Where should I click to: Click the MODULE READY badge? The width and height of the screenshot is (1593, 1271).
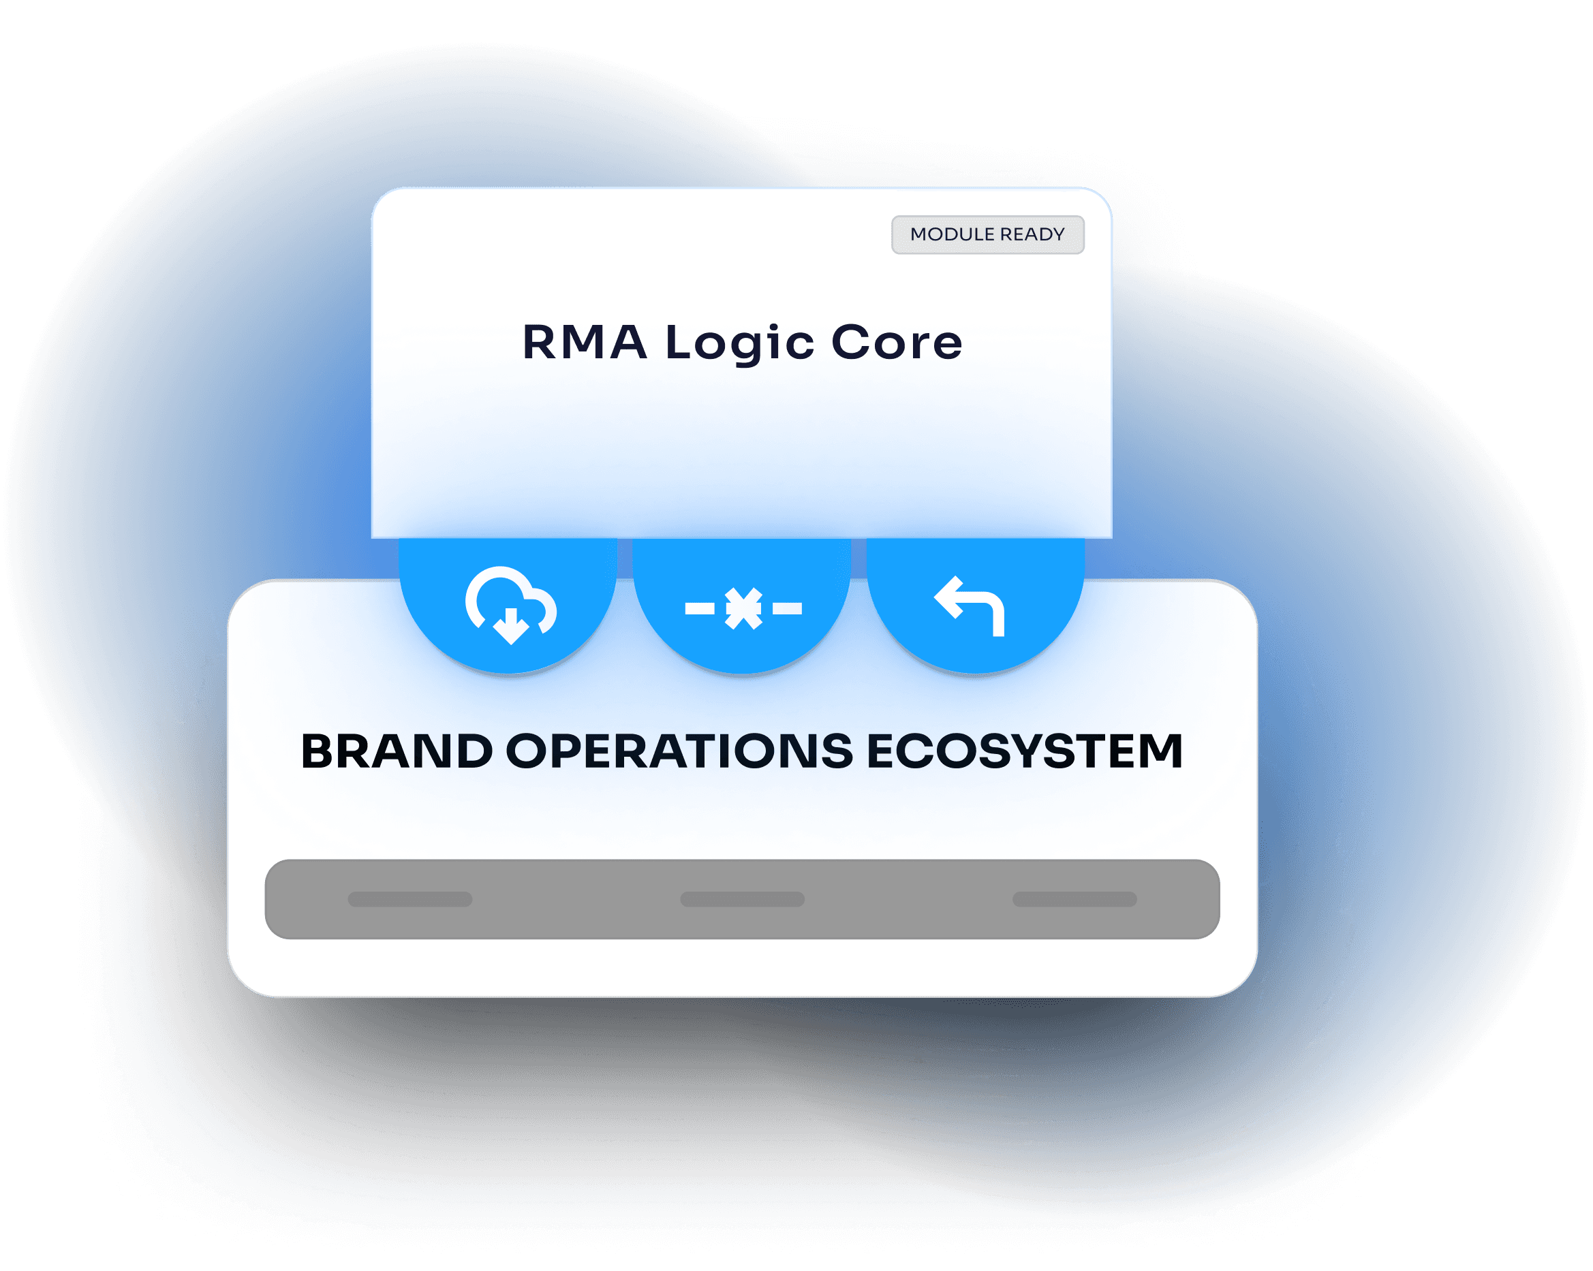click(987, 235)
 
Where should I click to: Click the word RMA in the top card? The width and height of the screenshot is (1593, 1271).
click(585, 343)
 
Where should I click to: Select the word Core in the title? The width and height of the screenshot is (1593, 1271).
click(896, 343)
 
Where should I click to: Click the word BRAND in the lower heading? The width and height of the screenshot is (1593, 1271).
click(397, 752)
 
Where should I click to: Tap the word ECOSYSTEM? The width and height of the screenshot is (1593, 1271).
click(1024, 752)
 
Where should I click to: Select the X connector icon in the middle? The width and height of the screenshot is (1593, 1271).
click(743, 608)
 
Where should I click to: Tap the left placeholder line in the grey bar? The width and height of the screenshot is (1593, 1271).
click(410, 900)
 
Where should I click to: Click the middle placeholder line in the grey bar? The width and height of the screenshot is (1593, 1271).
click(743, 900)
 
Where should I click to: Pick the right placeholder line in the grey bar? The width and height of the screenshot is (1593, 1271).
click(1074, 900)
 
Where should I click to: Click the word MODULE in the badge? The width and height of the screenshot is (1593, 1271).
click(953, 235)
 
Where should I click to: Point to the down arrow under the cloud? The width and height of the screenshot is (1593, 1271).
click(510, 628)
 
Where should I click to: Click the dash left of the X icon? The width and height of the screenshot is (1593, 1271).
click(700, 608)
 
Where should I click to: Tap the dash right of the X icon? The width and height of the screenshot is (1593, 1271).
click(787, 608)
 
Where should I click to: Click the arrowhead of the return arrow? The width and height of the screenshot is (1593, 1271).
click(948, 597)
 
